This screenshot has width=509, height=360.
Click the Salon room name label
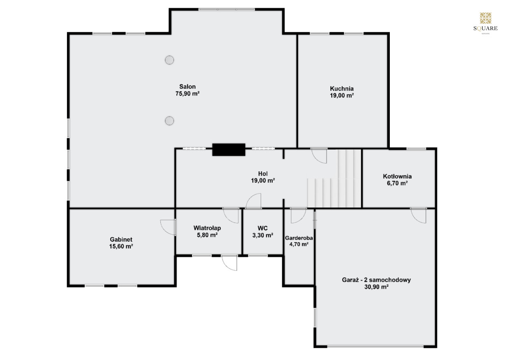187,87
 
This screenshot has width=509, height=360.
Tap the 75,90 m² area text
187,94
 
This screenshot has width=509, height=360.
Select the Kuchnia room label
342,88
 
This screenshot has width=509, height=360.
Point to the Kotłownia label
397,176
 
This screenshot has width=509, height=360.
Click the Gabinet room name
121,240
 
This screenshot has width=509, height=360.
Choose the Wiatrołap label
207,228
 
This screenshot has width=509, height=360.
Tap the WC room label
263,228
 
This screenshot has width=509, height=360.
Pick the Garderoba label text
299,238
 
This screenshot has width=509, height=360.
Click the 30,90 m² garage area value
376,287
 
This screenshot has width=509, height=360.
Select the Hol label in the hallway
263,174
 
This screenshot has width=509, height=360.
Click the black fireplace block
229,149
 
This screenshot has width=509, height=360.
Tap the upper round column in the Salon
169,60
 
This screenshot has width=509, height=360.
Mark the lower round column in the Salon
169,120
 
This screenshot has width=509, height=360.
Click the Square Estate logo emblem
486,18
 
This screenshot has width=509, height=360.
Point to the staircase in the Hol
334,179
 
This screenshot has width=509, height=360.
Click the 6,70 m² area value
397,183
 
